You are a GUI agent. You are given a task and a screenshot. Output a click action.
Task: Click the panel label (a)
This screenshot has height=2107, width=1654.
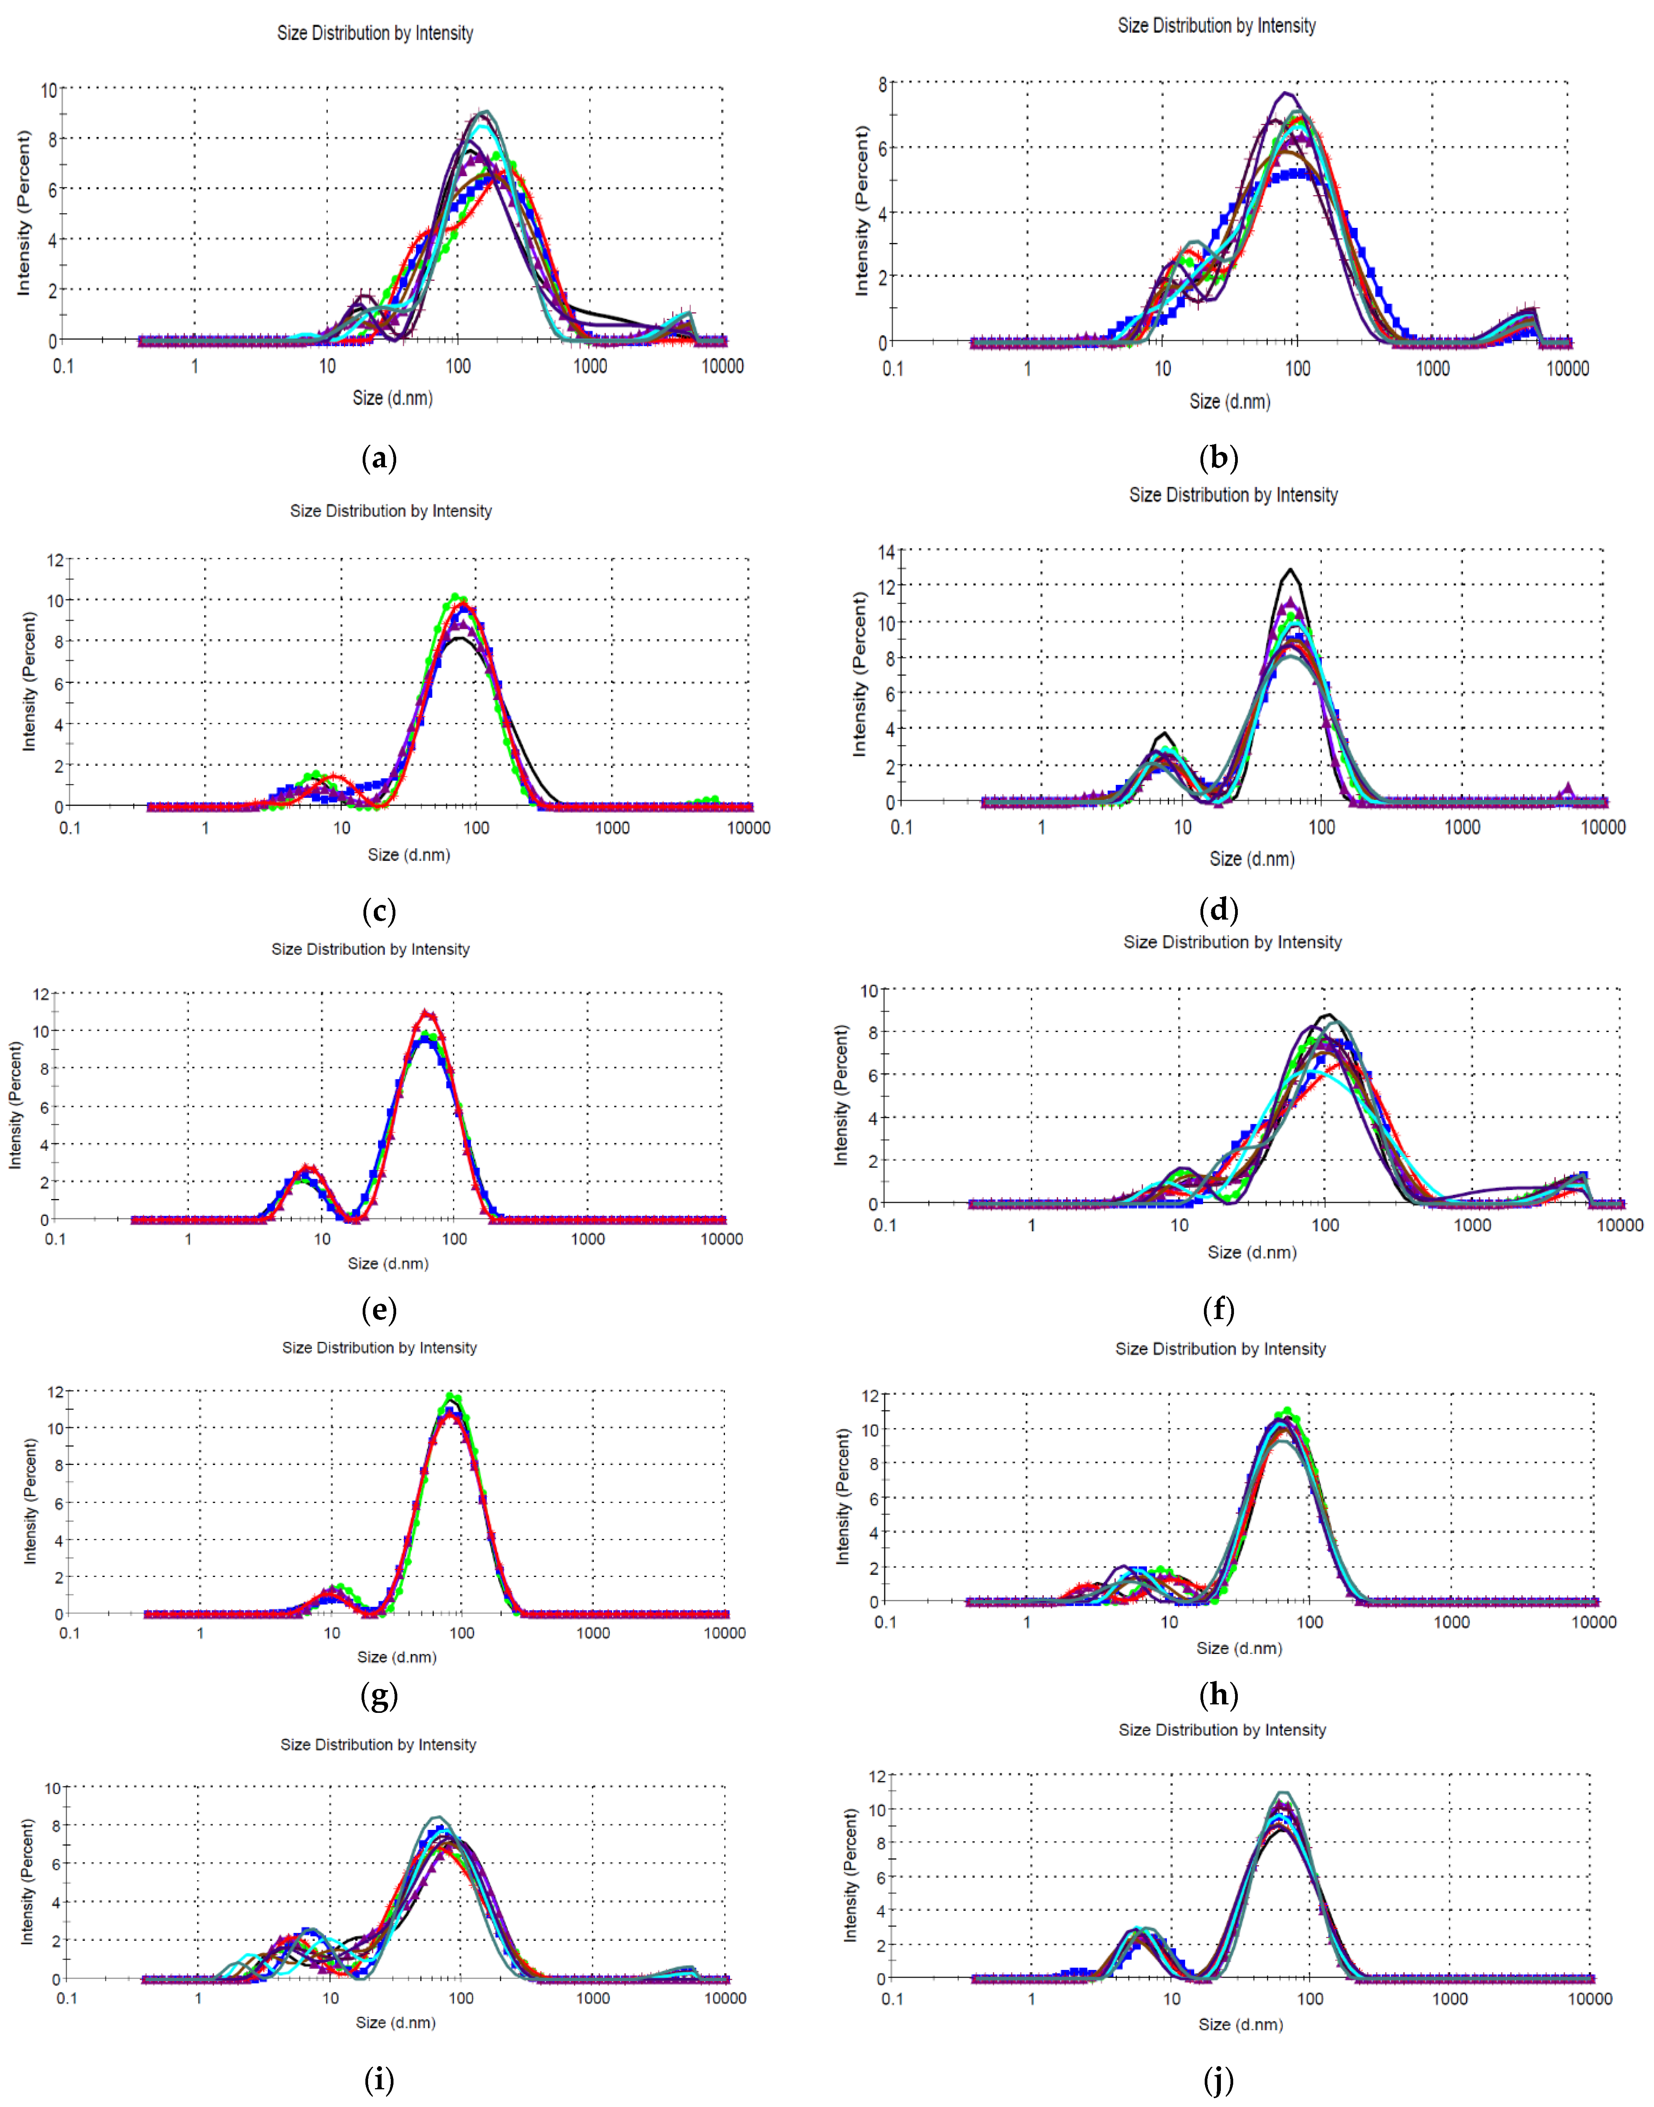[378, 458]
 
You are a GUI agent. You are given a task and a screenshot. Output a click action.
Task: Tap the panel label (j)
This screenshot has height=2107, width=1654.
[1218, 2079]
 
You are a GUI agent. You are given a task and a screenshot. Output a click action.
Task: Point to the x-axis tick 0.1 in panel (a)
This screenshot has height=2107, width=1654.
[63, 366]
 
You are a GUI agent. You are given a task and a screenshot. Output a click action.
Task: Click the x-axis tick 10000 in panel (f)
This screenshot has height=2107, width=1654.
[1619, 1225]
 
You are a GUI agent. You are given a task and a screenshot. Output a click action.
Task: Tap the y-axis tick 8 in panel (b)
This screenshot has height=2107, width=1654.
[882, 84]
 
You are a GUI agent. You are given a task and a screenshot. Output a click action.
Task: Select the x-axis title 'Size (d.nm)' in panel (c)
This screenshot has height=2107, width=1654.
[408, 854]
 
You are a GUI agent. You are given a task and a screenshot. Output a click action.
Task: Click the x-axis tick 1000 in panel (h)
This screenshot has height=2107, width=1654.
[1451, 1622]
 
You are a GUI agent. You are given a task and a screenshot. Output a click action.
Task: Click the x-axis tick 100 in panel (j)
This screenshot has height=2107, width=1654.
[1310, 1998]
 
